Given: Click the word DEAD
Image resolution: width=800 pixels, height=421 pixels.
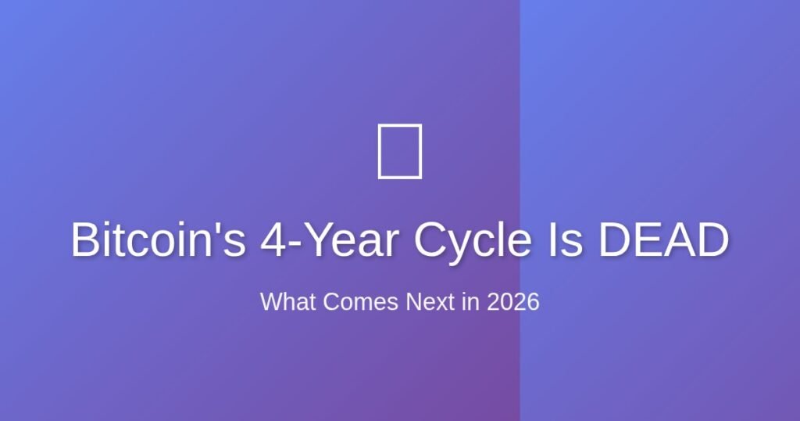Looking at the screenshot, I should pos(663,240).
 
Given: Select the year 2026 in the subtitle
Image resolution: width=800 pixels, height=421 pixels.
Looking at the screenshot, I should pos(513,302).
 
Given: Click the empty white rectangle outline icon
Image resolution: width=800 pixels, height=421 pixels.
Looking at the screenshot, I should pos(400,151).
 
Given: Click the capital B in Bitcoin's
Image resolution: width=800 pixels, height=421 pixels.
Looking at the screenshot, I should pos(86,240).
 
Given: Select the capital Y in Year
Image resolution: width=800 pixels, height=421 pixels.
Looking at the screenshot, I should pos(316,240).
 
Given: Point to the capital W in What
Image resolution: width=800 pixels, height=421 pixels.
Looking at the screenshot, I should pos(271,302).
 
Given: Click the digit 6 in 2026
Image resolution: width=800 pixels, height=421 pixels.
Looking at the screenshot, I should pos(534,302).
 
